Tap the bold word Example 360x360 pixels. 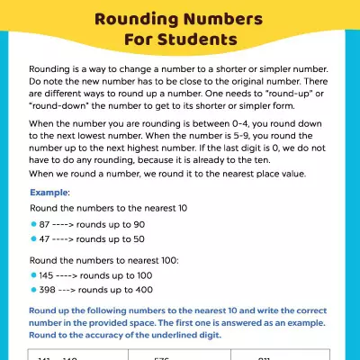point(49,193)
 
